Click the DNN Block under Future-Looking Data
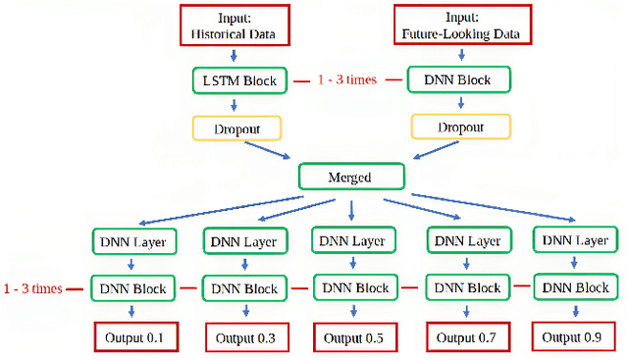450,78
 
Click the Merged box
350,178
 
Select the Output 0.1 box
134,336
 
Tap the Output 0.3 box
245,337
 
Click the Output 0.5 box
354,337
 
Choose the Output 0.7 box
466,337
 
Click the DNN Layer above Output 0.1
134,240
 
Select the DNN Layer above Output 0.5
354,241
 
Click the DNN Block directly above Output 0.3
245,289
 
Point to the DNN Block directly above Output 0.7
466,289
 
